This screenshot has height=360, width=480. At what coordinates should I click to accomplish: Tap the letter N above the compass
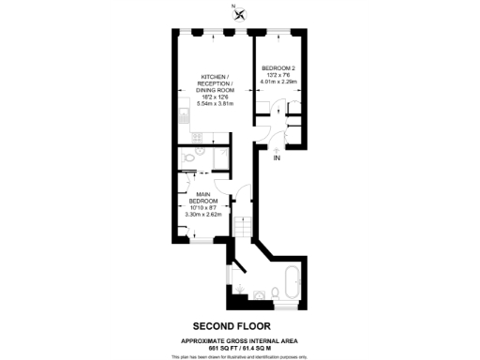[x=233, y=6]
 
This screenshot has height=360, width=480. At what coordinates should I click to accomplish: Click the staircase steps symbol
[x=241, y=225]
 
